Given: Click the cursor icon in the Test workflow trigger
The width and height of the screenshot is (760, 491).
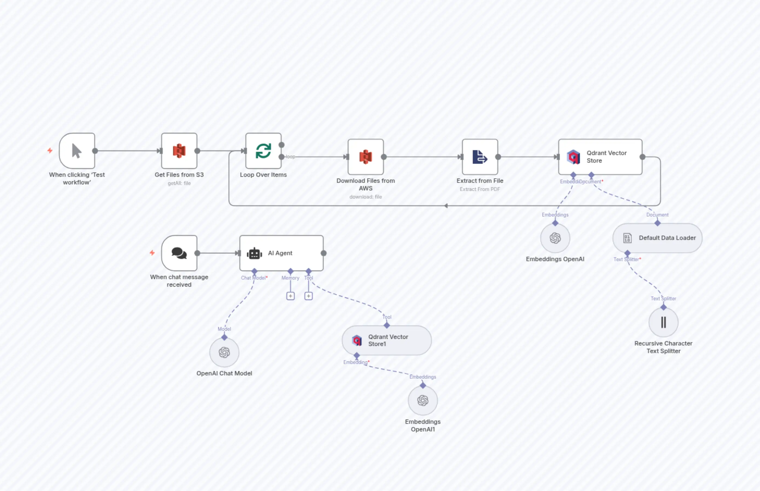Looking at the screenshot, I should click(x=77, y=151).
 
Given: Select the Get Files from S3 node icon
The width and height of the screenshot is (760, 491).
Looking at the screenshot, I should click(x=179, y=151).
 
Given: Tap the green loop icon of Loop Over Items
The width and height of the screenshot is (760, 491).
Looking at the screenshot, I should click(x=263, y=151).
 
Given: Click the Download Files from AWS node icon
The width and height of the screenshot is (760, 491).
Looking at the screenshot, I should click(x=366, y=157).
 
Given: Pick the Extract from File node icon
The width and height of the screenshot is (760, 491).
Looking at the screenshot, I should click(x=480, y=157).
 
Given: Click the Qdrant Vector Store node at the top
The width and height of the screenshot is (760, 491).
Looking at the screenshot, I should click(x=600, y=157).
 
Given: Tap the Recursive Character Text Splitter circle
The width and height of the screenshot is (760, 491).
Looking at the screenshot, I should click(x=663, y=322).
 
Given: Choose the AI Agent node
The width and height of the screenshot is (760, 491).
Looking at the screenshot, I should click(x=281, y=253).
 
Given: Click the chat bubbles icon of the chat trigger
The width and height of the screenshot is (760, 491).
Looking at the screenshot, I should click(x=179, y=253).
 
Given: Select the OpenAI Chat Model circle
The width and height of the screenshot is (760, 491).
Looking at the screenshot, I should click(x=224, y=352).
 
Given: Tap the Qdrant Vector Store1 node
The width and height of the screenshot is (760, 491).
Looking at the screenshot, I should click(x=387, y=341).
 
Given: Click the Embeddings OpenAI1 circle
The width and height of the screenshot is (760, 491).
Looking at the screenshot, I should click(x=423, y=400).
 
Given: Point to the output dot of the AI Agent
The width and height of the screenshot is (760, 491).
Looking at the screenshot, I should click(x=324, y=253).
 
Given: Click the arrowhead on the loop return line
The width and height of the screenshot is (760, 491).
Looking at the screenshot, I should click(x=446, y=206).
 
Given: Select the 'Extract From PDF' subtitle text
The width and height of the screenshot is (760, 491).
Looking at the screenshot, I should click(x=480, y=189).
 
